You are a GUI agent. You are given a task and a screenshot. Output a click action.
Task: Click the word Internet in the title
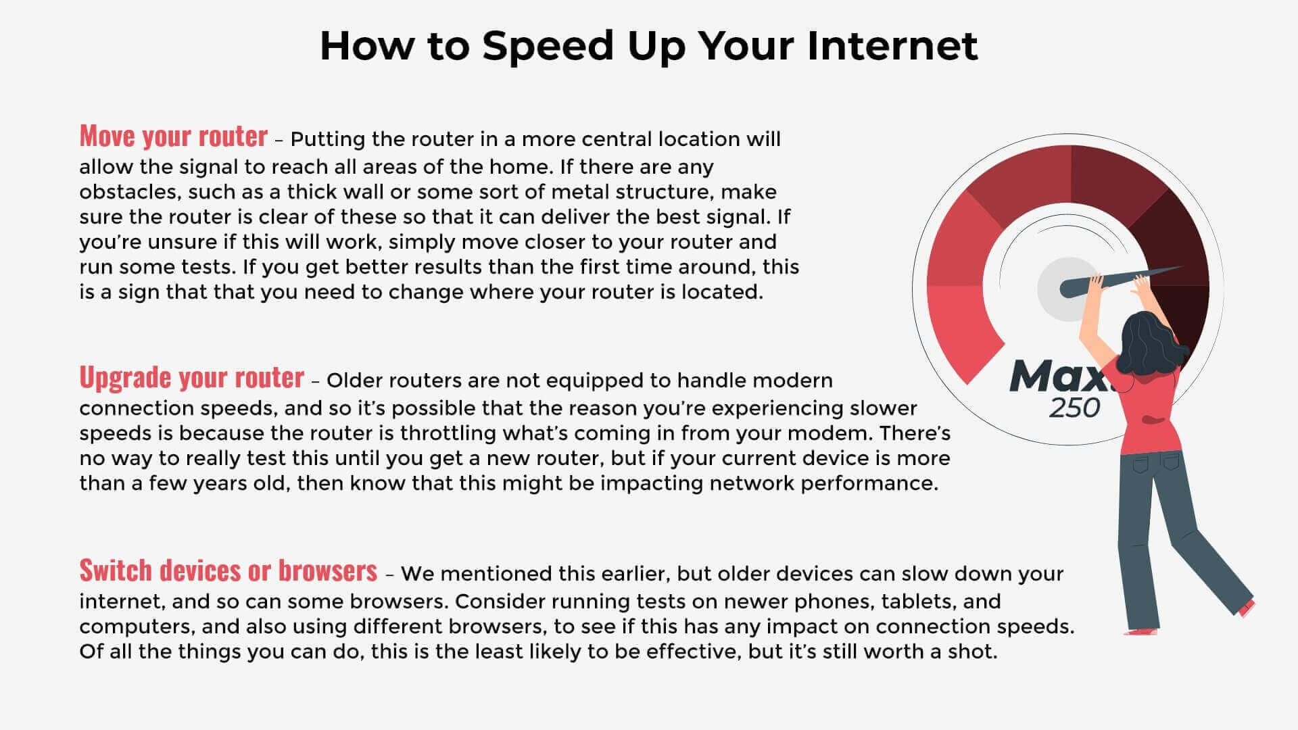click(x=892, y=45)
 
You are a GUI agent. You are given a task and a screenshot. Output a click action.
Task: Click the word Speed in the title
click(x=549, y=47)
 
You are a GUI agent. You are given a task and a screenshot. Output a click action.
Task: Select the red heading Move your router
click(x=174, y=136)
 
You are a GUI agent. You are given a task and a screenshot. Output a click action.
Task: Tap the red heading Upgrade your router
click(x=192, y=377)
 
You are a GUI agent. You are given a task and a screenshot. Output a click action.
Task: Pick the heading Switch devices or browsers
click(x=229, y=570)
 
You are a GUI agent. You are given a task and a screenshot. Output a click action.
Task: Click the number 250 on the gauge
click(x=1075, y=408)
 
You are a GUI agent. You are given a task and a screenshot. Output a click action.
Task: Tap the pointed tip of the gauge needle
click(x=1182, y=267)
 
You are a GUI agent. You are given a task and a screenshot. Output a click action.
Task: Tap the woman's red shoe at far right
click(x=1247, y=608)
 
